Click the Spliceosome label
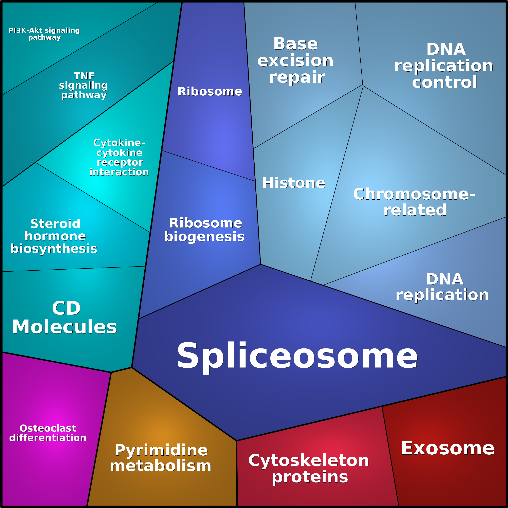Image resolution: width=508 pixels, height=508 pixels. (x=297, y=356)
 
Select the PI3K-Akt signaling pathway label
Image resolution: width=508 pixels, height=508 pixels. (x=44, y=34)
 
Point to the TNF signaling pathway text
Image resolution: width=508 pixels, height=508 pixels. (x=84, y=86)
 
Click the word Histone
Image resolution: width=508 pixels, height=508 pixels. (x=294, y=183)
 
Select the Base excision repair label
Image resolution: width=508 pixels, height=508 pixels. (x=295, y=60)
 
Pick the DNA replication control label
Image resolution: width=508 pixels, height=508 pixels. (x=444, y=66)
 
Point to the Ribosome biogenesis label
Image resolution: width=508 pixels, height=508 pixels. (x=205, y=230)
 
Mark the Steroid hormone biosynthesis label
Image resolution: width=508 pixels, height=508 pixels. (x=54, y=236)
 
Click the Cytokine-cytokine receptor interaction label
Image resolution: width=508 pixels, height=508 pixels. (x=119, y=158)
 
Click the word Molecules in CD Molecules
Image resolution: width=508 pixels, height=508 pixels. (x=65, y=327)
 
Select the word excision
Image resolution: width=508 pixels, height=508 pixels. (x=295, y=61)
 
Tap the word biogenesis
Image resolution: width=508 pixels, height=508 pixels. (x=205, y=237)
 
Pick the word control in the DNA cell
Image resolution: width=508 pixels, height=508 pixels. (x=444, y=82)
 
